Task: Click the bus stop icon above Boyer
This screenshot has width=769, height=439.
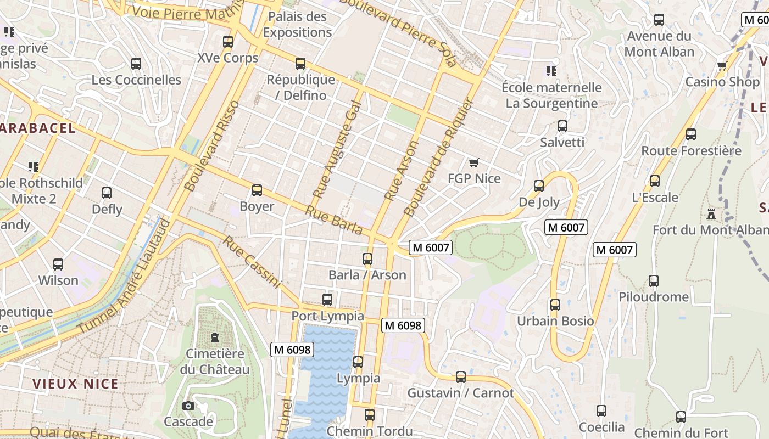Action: (x=257, y=190)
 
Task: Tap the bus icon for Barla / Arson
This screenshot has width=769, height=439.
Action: (x=367, y=259)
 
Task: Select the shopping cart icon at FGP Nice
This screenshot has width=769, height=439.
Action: (x=474, y=162)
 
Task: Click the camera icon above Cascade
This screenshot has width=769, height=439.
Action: (x=188, y=406)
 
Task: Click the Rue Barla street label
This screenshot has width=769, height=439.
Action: (x=334, y=220)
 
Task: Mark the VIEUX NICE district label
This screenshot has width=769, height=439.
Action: (x=75, y=384)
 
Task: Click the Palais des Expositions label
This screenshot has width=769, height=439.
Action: (x=297, y=25)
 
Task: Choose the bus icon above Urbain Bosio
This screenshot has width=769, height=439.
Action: (x=555, y=305)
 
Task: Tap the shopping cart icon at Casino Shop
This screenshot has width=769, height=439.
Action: (x=722, y=66)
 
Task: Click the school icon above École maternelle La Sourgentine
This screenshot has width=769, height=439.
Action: (x=551, y=71)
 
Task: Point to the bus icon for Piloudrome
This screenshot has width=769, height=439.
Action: (x=653, y=281)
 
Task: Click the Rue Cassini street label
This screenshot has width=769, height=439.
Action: (x=252, y=262)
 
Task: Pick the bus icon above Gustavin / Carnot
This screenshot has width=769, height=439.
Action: (x=460, y=377)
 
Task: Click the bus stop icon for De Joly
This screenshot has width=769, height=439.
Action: (x=539, y=186)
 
